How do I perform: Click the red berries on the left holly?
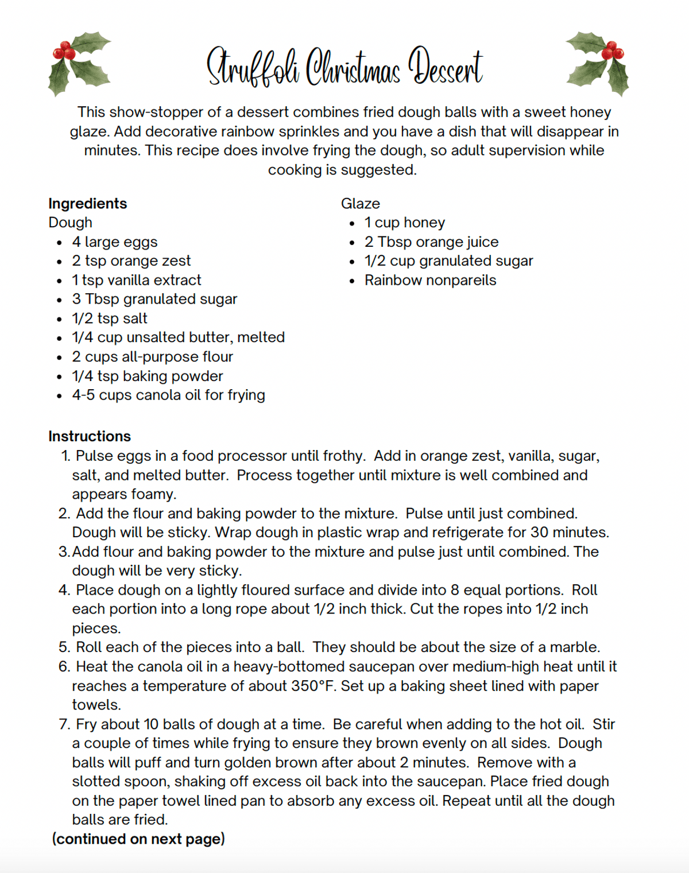(64, 52)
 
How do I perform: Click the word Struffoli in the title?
(253, 68)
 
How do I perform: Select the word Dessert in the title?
(446, 67)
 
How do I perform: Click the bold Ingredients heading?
(87, 204)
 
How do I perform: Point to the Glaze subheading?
(361, 204)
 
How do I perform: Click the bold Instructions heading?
(90, 436)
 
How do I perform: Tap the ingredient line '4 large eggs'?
(115, 242)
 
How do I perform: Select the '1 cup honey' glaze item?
(405, 223)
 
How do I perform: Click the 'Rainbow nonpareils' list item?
(431, 281)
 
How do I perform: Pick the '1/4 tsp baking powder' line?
(148, 377)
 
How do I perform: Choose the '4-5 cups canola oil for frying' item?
(168, 395)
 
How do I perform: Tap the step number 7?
(64, 724)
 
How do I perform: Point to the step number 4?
(64, 590)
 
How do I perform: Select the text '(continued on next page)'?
(138, 839)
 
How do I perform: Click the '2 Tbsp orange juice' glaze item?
(432, 242)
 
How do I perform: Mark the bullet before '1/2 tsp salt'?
(60, 320)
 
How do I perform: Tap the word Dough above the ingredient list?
(70, 223)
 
